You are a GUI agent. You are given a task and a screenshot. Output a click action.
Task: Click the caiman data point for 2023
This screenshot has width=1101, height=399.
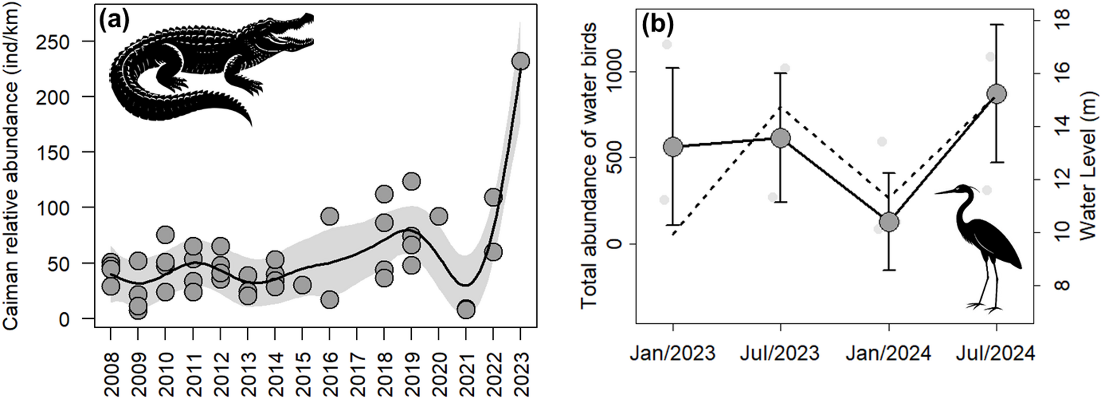(x=520, y=61)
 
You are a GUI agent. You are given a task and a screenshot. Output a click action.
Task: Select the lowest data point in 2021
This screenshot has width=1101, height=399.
(x=466, y=310)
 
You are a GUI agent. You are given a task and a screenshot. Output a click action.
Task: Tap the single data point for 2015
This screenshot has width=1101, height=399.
(x=302, y=285)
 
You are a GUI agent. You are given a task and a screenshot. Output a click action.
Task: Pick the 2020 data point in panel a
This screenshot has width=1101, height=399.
(x=439, y=217)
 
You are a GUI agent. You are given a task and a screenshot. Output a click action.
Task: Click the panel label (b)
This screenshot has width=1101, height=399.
(x=657, y=24)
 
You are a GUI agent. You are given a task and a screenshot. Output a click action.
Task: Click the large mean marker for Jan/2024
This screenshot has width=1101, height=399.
(x=888, y=222)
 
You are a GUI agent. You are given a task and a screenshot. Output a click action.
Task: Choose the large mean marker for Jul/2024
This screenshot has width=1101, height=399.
(x=996, y=94)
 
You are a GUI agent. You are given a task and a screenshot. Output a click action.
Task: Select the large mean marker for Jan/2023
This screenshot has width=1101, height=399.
(x=673, y=147)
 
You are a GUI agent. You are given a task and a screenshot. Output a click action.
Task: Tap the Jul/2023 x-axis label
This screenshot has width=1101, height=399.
(x=780, y=353)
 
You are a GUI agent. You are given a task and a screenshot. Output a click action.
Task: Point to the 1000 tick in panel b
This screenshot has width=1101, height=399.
(x=614, y=72)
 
